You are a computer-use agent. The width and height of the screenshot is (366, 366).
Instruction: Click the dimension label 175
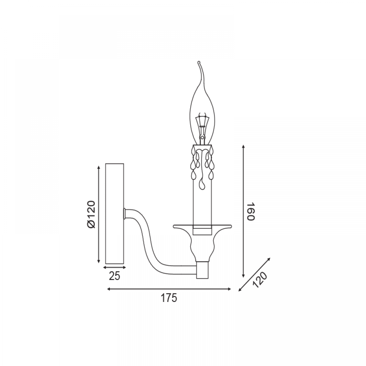pos(169,298)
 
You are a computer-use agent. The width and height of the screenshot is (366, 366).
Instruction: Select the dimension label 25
pos(115,276)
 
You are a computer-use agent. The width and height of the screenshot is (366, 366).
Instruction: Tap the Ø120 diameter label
pos(91,214)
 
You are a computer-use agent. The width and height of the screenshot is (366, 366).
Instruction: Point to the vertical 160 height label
pos(251,212)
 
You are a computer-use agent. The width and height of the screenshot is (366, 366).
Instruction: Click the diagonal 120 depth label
pos(260,280)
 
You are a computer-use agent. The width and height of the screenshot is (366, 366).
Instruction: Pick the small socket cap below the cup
pos(202,270)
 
